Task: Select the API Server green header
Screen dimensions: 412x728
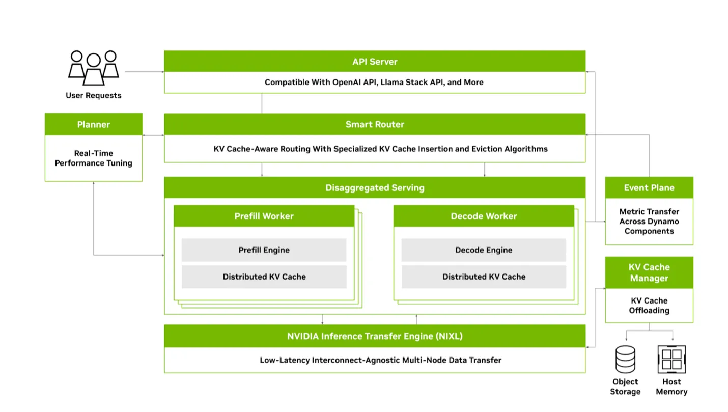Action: click(374, 62)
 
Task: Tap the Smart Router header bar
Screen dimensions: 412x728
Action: click(374, 124)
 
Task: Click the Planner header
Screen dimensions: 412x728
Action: click(94, 124)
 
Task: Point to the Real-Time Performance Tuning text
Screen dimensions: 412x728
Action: click(94, 158)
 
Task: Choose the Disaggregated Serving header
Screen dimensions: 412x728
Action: click(374, 187)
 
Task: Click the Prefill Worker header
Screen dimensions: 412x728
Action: click(264, 216)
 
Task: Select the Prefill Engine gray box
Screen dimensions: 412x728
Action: click(264, 250)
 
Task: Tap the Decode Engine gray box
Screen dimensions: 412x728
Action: click(484, 250)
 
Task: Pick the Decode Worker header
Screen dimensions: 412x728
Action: click(484, 216)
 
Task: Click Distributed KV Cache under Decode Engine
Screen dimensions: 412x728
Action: click(484, 277)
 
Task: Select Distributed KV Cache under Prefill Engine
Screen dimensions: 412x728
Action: click(264, 277)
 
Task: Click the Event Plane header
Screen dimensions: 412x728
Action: click(649, 187)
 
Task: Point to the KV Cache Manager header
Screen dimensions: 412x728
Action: click(649, 272)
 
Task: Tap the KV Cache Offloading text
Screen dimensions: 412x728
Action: click(649, 306)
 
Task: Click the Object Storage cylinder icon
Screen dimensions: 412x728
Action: click(625, 360)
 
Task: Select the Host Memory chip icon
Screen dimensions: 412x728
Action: click(671, 360)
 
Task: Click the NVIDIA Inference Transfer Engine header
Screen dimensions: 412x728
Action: click(374, 336)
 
